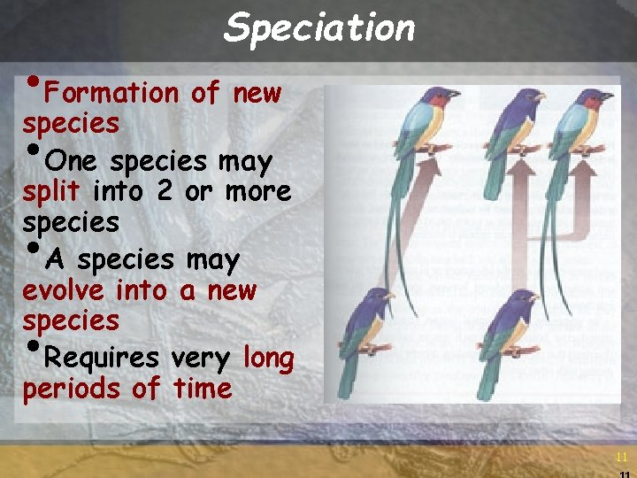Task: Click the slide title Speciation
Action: click(319, 28)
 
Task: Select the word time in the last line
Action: click(203, 388)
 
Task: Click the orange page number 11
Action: click(621, 457)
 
